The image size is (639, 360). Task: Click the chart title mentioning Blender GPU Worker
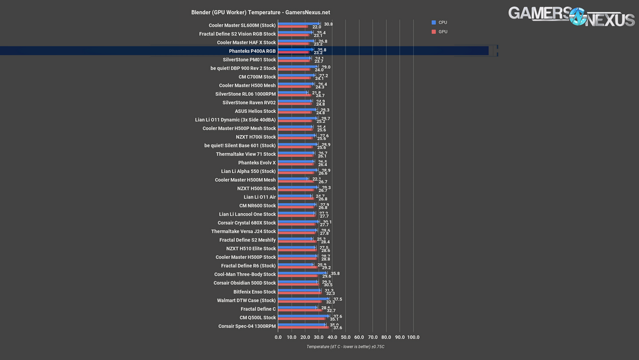[260, 12]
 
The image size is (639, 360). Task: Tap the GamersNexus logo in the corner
[572, 17]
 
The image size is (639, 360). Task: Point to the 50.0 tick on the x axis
[346, 337]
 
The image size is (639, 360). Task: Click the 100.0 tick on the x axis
[413, 337]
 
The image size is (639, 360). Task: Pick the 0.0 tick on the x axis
[278, 337]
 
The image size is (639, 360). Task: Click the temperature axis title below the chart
[346, 347]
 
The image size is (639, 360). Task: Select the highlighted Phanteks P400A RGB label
[252, 51]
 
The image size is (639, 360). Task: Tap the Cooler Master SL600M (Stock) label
[242, 25]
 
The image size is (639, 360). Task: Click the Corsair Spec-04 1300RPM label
[247, 326]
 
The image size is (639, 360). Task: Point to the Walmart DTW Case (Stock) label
[246, 300]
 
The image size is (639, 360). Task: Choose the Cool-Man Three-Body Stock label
[245, 275]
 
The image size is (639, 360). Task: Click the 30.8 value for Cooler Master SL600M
[328, 24]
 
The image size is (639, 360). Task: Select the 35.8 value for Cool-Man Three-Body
[335, 274]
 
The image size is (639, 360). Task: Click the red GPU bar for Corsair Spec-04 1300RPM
[303, 327]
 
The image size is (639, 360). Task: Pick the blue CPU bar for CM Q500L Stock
[303, 316]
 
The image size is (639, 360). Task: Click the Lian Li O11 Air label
[260, 197]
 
